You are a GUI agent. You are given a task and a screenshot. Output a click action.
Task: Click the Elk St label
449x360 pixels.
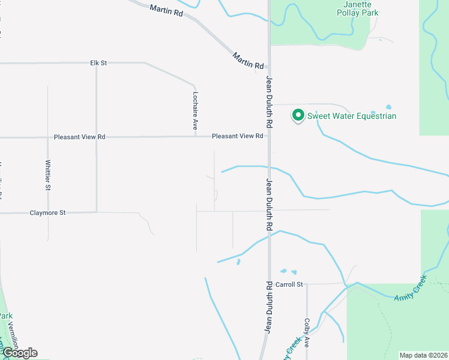98,62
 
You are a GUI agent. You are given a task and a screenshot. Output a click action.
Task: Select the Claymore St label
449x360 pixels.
47,212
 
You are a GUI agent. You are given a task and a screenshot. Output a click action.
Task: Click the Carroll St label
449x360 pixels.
291,284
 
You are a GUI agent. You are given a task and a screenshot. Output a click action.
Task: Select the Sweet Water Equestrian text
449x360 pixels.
352,116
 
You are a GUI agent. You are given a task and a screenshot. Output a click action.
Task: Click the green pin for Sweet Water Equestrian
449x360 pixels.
297,114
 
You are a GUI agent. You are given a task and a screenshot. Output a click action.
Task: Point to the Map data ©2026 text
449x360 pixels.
423,355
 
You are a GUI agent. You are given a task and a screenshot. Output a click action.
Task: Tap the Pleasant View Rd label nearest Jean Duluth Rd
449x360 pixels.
238,136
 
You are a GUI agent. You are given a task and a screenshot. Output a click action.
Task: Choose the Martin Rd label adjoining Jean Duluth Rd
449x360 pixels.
249,61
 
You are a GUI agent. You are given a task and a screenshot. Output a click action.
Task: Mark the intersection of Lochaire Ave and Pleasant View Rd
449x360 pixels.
195,137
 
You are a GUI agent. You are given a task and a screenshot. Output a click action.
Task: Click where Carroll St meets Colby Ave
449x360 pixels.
307,284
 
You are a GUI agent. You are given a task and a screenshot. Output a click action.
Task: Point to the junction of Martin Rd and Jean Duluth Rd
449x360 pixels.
268,67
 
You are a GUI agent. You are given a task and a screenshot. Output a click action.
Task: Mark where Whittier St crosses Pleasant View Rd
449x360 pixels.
48,137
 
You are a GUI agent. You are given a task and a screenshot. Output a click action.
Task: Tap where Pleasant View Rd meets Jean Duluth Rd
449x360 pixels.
269,136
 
